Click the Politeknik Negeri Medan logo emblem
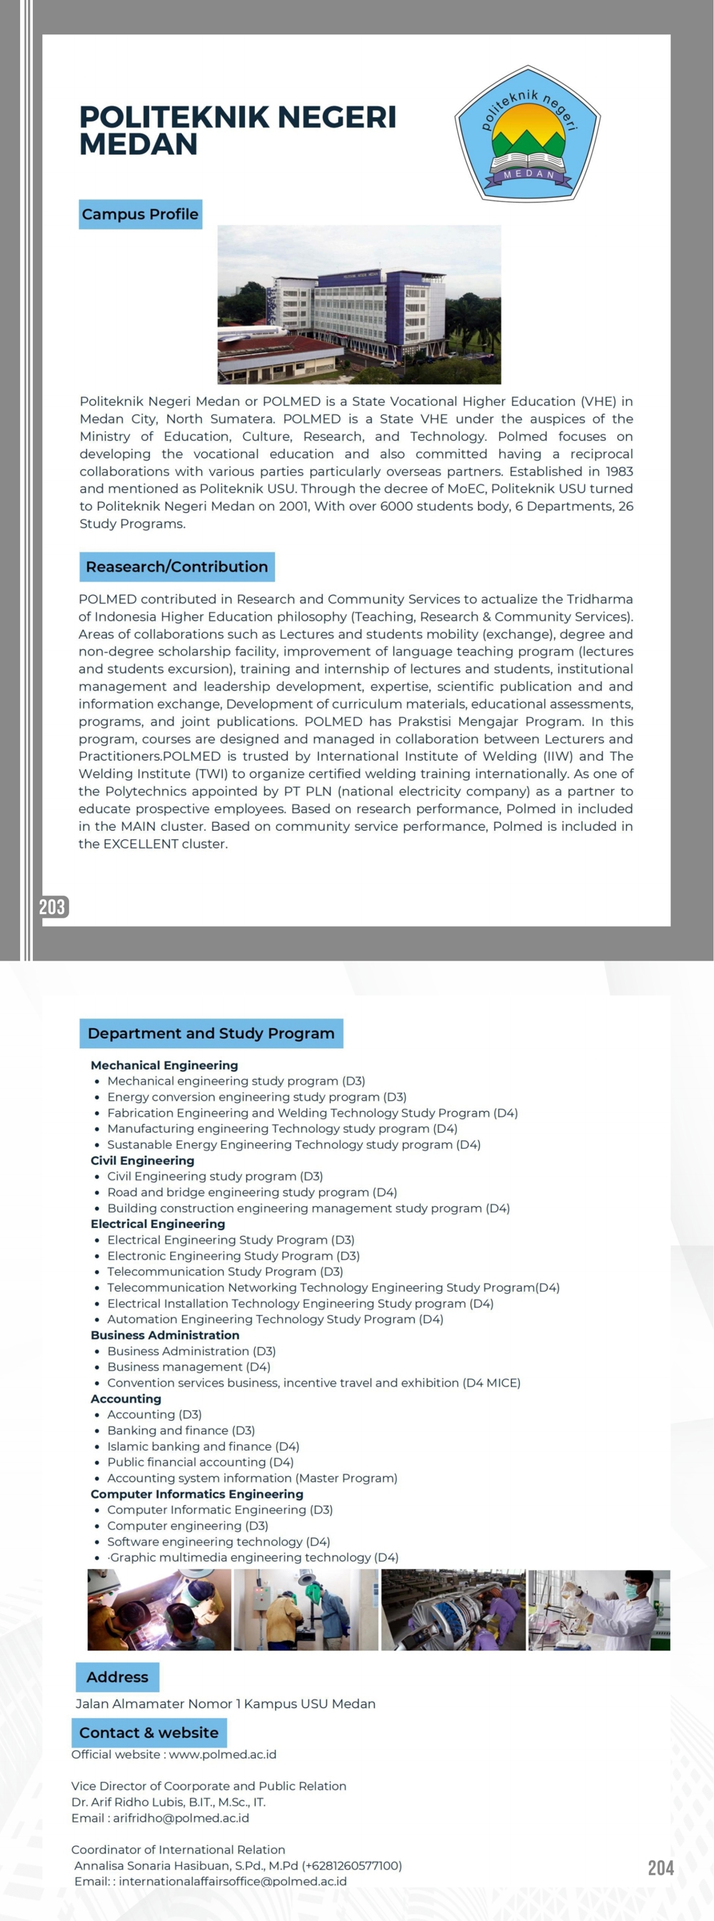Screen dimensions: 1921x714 coord(528,133)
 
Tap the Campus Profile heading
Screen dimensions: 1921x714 coord(140,215)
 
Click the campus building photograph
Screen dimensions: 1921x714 coord(359,304)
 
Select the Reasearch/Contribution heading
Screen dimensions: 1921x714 coord(177,567)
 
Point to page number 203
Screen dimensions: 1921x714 coord(52,907)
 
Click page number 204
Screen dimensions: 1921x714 coord(660,1867)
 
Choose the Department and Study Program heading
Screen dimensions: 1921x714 coord(211,1033)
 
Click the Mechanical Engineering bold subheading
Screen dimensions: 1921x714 coord(164,1065)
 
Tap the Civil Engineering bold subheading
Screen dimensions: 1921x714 coord(143,1160)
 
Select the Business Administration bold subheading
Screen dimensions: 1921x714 coord(165,1335)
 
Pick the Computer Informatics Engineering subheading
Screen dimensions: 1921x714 coord(197,1494)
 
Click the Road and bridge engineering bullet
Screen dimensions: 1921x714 coord(251,1192)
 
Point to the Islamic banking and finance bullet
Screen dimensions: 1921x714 coord(203,1446)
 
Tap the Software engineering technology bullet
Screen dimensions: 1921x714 coord(218,1541)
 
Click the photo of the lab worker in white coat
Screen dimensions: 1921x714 coord(599,1610)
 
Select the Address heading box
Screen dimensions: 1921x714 coord(117,1677)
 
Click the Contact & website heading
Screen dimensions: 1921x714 coord(149,1733)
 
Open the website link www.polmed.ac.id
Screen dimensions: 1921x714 coord(222,1755)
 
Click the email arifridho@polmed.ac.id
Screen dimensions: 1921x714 coord(181,1818)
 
